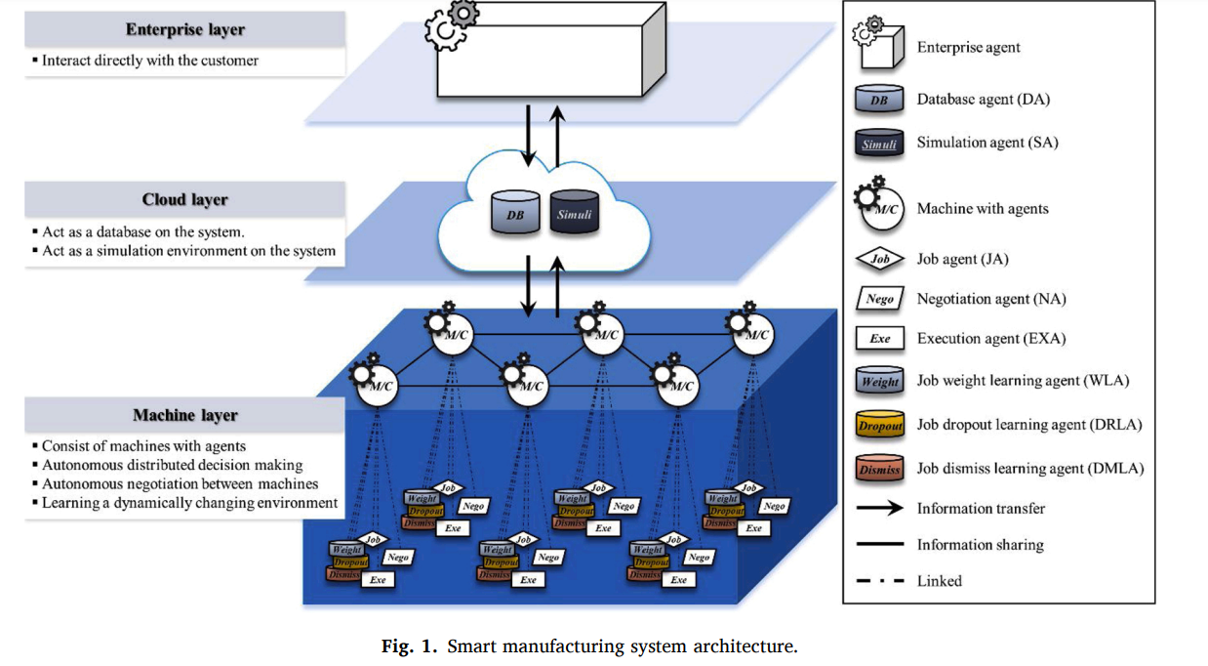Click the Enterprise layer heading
[185, 29]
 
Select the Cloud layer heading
[185, 200]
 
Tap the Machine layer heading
[185, 416]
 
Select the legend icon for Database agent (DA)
[878, 100]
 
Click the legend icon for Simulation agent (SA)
[878, 143]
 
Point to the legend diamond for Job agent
[879, 260]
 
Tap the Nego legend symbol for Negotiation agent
[879, 299]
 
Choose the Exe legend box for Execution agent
[879, 339]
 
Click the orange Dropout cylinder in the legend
[879, 425]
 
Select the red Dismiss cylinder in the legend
[879, 469]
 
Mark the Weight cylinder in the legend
[879, 381]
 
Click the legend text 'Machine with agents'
[983, 208]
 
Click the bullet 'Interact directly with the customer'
[149, 61]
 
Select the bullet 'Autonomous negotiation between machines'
[180, 484]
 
